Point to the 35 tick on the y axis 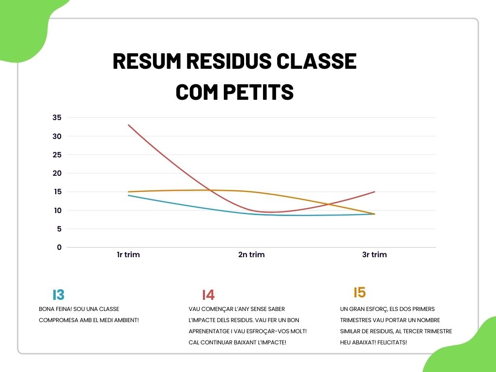point(57,118)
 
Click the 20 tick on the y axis point(57,173)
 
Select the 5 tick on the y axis point(59,229)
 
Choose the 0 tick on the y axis point(59,248)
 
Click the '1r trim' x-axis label point(128,255)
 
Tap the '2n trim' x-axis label point(251,255)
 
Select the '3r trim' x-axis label point(374,255)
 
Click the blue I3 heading point(59,295)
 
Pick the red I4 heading point(208,295)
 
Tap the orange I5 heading point(360,293)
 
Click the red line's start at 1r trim point(128,125)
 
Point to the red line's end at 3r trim point(374,192)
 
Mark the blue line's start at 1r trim point(128,195)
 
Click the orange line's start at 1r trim point(128,192)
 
